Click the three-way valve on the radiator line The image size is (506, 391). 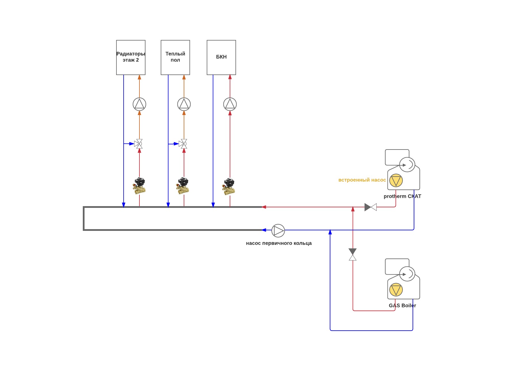pyautogui.click(x=139, y=144)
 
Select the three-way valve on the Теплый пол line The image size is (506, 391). pyautogui.click(x=183, y=144)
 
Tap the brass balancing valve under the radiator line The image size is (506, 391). pyautogui.click(x=139, y=186)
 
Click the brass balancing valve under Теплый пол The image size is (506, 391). pyautogui.click(x=183, y=186)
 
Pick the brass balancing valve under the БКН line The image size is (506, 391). pyautogui.click(x=229, y=186)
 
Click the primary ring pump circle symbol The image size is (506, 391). pyautogui.click(x=278, y=231)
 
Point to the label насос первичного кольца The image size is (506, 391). pyautogui.click(x=279, y=243)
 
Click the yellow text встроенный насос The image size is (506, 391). pyautogui.click(x=362, y=180)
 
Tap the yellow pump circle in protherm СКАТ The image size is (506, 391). pyautogui.click(x=396, y=181)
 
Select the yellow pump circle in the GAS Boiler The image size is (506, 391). pyautogui.click(x=396, y=290)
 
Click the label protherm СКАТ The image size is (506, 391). pyautogui.click(x=402, y=196)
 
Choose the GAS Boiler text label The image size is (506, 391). pyautogui.click(x=402, y=306)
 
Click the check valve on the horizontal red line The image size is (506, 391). pyautogui.click(x=371, y=207)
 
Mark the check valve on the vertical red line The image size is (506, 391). pyautogui.click(x=353, y=254)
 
